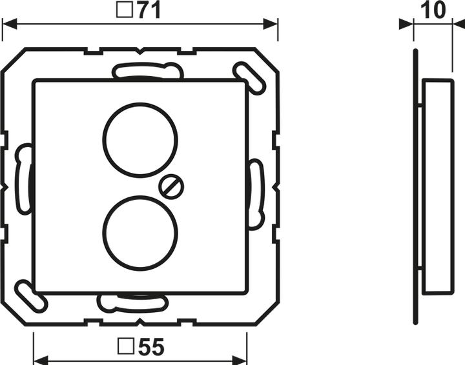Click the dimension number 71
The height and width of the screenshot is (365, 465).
coord(147,11)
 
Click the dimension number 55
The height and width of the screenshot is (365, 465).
coord(150,348)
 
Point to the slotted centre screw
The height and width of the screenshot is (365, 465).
coord(172,187)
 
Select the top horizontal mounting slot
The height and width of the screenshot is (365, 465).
coord(148,70)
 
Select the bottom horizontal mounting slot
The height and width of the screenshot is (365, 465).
coord(132,302)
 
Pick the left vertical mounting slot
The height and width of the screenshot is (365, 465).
coord(23,179)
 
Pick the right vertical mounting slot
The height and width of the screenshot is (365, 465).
coord(256,193)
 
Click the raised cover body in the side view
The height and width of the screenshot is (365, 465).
coord(439,187)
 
